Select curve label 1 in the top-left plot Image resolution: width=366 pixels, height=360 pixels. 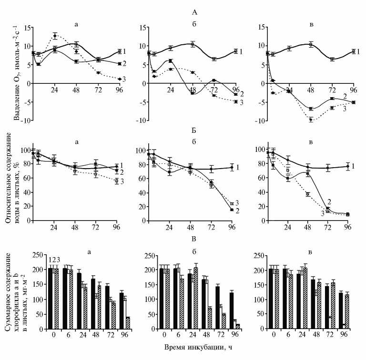(123, 51)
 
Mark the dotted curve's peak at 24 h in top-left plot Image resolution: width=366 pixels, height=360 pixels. (55, 36)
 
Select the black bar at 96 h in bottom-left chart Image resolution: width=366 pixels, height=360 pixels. (109, 312)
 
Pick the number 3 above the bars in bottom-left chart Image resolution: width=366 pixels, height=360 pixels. (58, 259)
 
